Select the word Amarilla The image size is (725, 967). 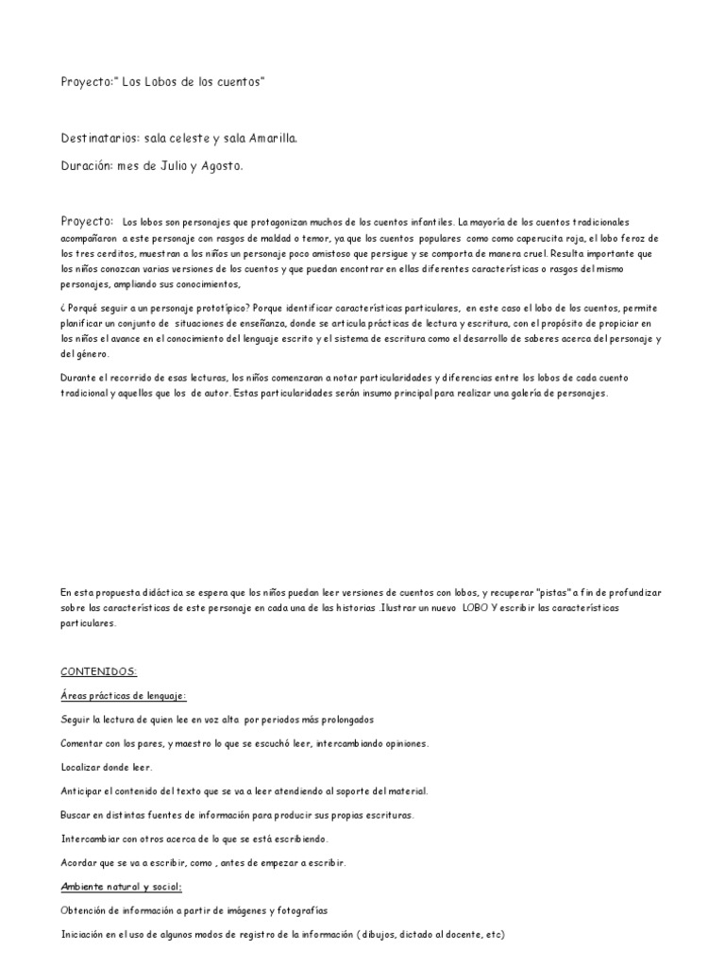pyautogui.click(x=273, y=139)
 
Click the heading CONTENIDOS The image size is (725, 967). pyautogui.click(x=99, y=671)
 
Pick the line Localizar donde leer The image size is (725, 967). pyautogui.click(x=106, y=767)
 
